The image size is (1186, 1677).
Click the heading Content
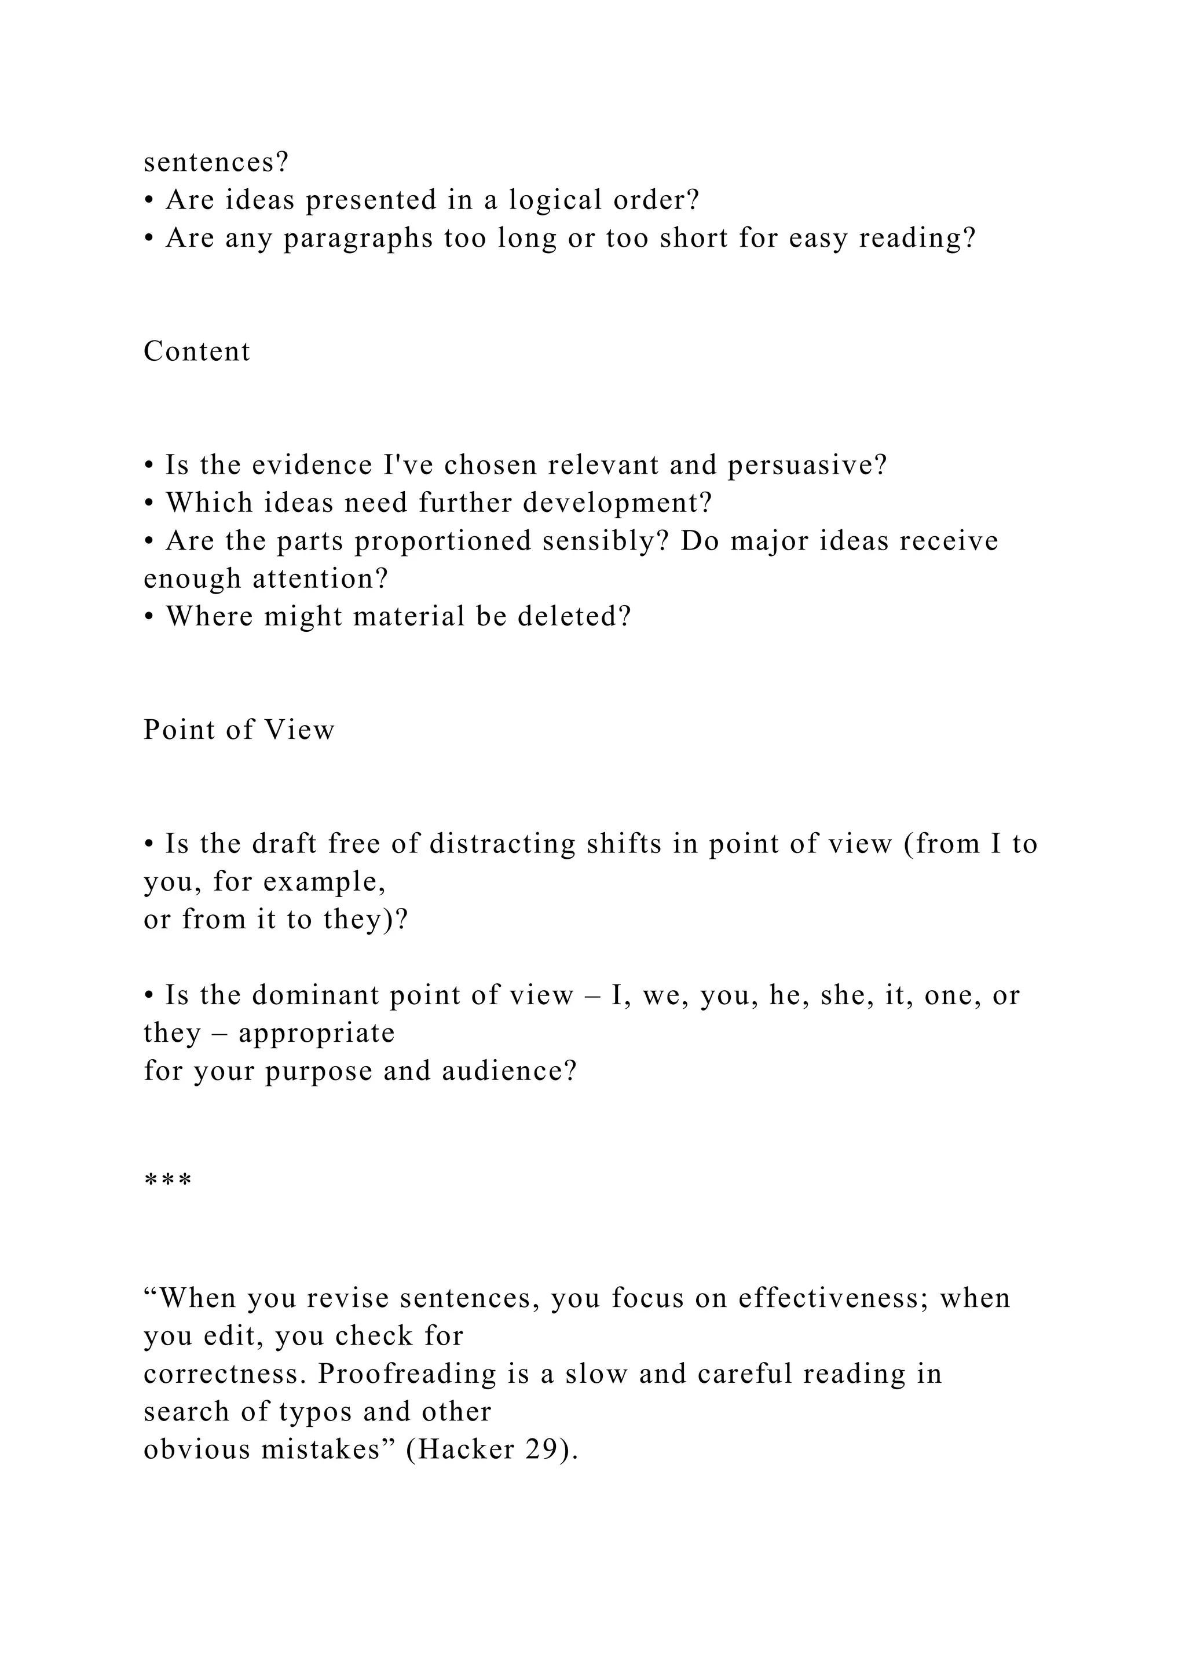point(196,351)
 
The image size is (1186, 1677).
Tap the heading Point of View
point(239,730)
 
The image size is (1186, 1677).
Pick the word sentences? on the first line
point(216,162)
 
